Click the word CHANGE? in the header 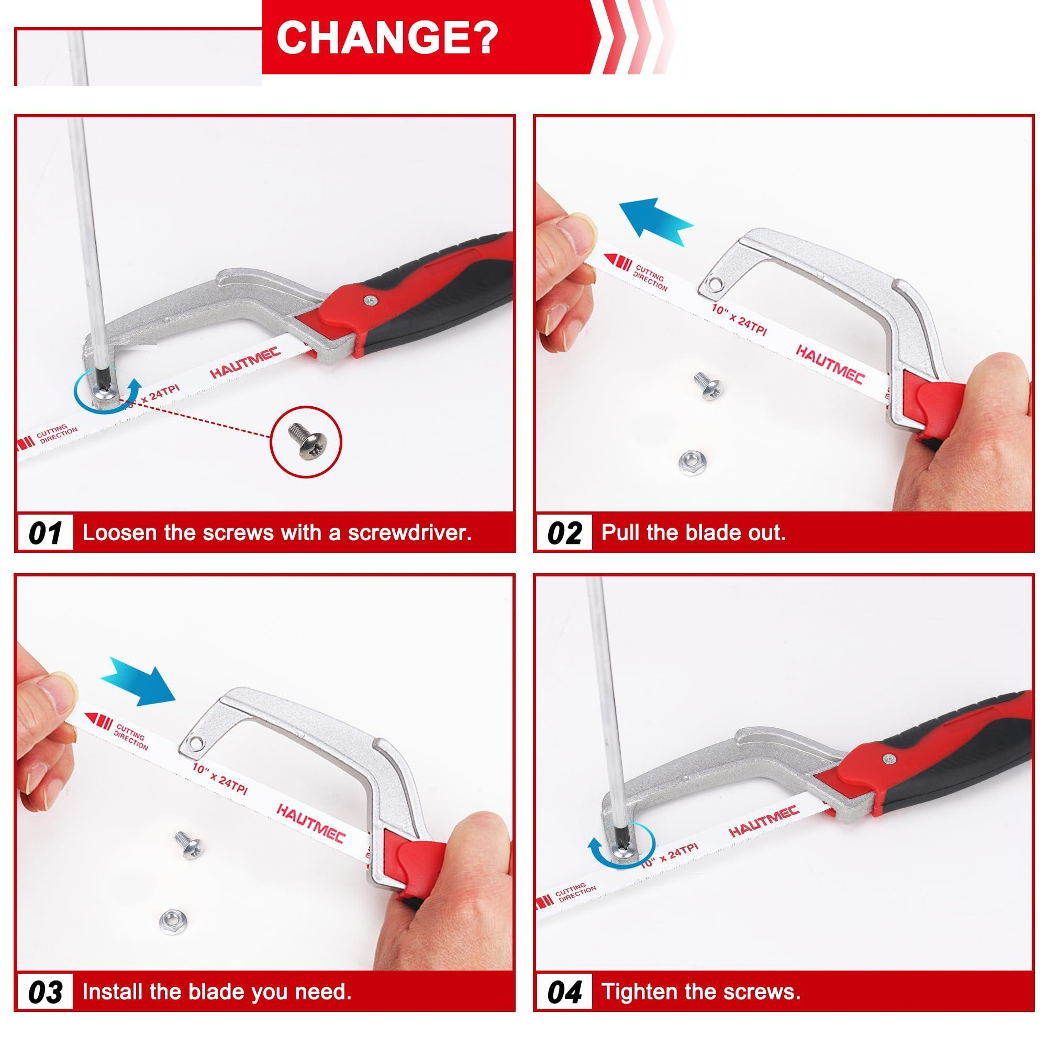tap(387, 37)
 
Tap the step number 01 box tap(45, 533)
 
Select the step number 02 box tap(564, 533)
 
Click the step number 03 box tap(45, 992)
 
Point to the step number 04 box tap(564, 992)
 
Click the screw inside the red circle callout tap(305, 442)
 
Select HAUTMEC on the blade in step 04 tap(764, 821)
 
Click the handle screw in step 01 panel tap(370, 299)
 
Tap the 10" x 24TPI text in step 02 tap(739, 319)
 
